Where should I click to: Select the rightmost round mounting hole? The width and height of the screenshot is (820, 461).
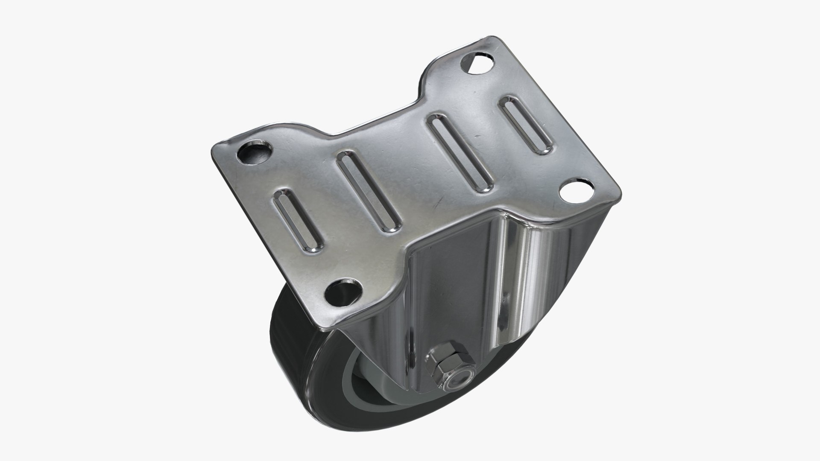pos(576,191)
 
